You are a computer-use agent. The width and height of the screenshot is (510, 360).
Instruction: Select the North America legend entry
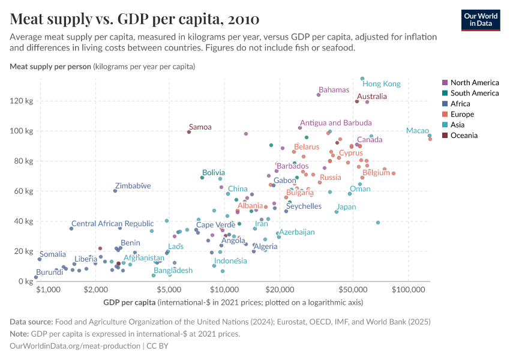coord(474,83)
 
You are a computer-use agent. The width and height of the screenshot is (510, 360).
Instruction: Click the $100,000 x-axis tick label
coord(408,289)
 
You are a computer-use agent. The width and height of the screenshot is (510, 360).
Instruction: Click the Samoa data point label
coord(200,127)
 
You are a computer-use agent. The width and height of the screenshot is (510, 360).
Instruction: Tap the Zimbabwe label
coord(133,186)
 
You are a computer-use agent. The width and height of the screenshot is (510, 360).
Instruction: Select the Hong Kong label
coord(382,84)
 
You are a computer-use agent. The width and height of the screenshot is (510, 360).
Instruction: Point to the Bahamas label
coord(334,90)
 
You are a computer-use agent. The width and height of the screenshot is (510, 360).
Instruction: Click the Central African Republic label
coord(112,224)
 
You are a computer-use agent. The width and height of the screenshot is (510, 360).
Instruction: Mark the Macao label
coord(417,131)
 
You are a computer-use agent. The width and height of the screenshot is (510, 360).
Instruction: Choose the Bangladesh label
coord(173,271)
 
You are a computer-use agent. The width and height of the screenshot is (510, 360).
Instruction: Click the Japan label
coord(346,207)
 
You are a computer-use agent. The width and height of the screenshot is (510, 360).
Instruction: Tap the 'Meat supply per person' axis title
coord(50,67)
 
